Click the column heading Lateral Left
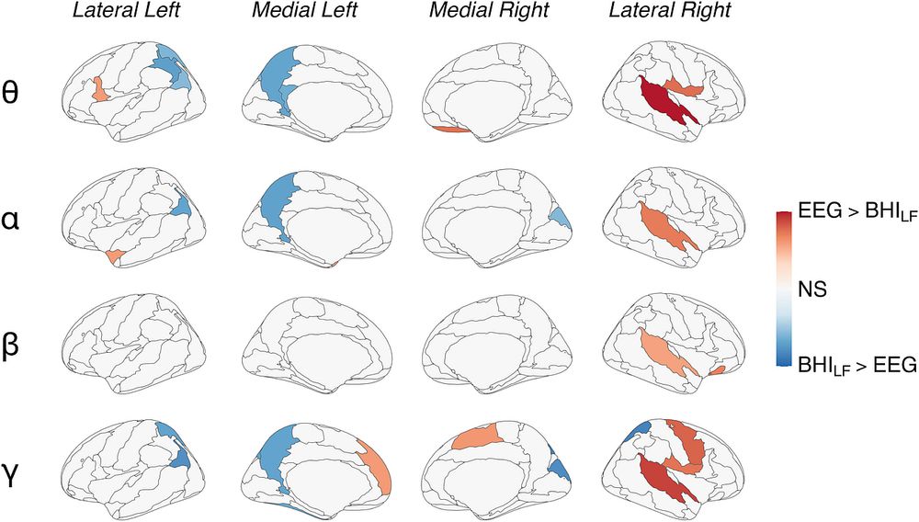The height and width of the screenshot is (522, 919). point(125,10)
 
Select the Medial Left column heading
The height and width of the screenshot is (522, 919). point(304,10)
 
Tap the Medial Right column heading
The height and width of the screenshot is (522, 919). point(489,10)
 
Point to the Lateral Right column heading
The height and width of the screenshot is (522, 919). point(670,10)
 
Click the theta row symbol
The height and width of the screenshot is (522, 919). point(11,94)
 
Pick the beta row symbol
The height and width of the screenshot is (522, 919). point(11,346)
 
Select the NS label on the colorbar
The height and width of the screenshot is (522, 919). point(812,289)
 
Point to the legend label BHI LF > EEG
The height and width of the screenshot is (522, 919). point(857,366)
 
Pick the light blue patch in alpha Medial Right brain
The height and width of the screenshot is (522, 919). point(560,218)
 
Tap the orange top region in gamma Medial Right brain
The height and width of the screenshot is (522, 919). point(475,437)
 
